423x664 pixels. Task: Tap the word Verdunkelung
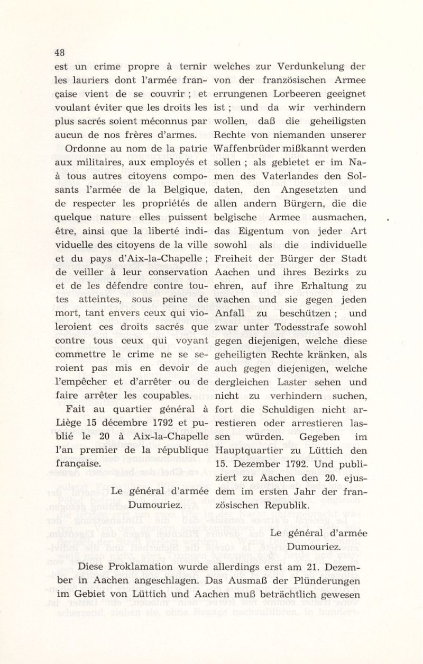[x=306, y=67]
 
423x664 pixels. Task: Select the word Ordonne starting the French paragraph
[x=87, y=149]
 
